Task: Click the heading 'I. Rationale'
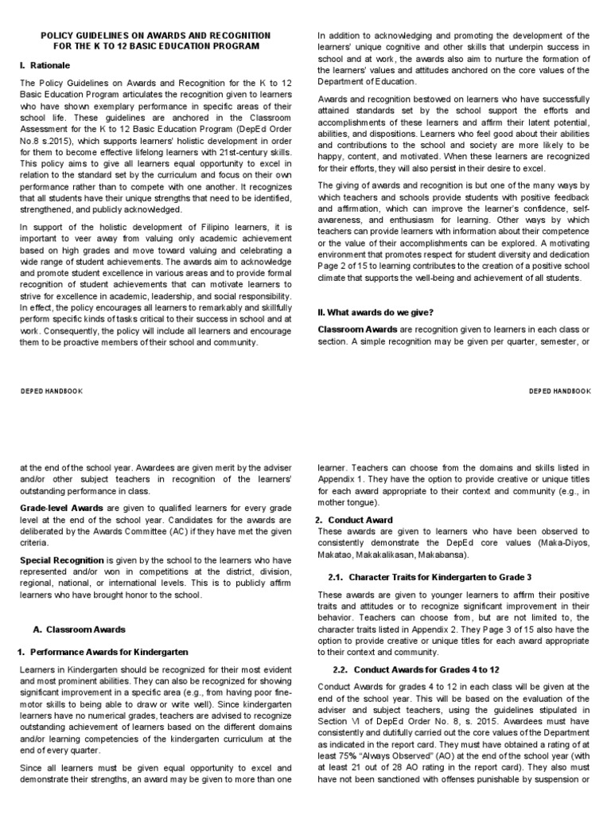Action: click(x=45, y=64)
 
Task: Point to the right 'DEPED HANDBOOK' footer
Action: click(x=560, y=392)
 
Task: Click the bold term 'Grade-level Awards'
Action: click(x=61, y=507)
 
